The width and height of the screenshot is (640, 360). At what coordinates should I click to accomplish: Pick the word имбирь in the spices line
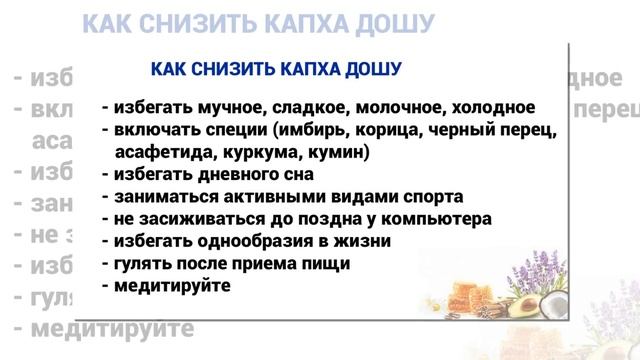pos(313,131)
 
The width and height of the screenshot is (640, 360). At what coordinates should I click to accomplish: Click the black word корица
pos(385,131)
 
